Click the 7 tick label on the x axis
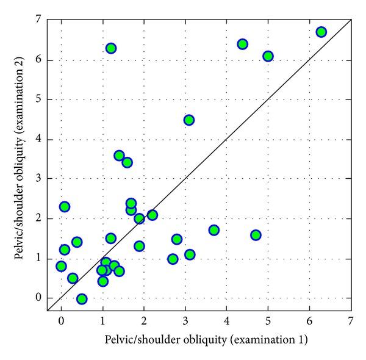point(351,320)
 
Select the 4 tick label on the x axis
point(227,320)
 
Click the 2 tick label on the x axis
point(144,320)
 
